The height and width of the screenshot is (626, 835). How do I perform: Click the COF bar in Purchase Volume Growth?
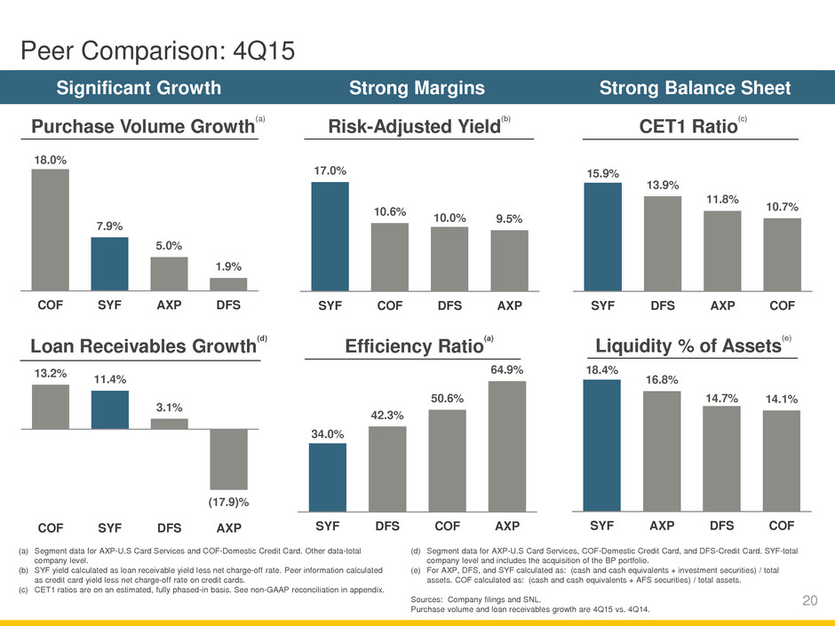(50, 230)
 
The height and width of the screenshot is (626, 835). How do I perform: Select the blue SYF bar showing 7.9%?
(109, 264)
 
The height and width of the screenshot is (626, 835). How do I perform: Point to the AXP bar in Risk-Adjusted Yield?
(509, 260)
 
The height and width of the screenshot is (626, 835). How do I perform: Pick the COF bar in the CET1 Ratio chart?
(782, 255)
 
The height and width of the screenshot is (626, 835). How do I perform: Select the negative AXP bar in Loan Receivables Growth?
(228, 459)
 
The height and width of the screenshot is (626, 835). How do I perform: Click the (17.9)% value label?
(228, 502)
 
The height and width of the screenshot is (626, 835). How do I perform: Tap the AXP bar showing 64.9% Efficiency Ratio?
(507, 447)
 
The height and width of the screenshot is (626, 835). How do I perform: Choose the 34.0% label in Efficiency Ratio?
(328, 432)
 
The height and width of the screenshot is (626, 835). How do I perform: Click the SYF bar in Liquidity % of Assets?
(602, 446)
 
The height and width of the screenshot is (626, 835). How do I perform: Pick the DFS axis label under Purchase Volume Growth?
(228, 305)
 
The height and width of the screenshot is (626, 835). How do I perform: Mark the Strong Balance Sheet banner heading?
(696, 88)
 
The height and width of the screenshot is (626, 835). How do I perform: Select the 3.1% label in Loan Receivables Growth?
(169, 408)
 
